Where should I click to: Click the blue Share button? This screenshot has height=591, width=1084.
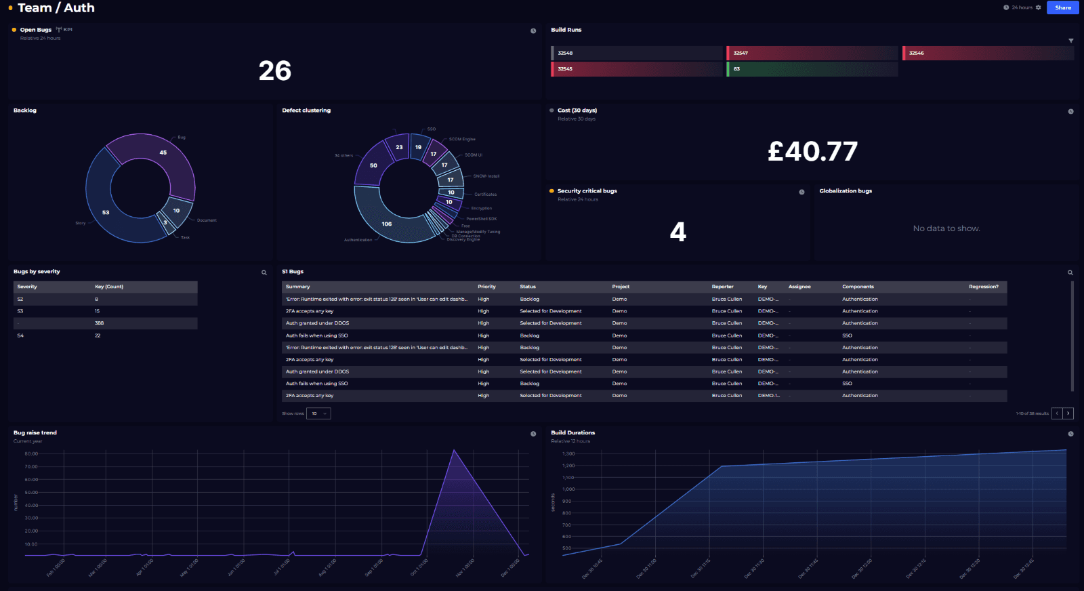pyautogui.click(x=1062, y=7)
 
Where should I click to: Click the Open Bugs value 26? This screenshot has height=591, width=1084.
pyautogui.click(x=275, y=71)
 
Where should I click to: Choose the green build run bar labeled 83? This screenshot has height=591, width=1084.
pyautogui.click(x=812, y=69)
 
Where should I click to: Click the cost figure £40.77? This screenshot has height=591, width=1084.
pyautogui.click(x=812, y=151)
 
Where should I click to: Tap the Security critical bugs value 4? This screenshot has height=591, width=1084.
pyautogui.click(x=677, y=232)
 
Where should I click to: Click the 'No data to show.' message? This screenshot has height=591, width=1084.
pyautogui.click(x=946, y=228)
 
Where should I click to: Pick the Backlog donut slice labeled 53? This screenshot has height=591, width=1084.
pyautogui.click(x=106, y=212)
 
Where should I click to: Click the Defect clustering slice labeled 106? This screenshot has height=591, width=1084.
pyautogui.click(x=387, y=224)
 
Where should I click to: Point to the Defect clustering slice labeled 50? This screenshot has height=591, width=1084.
pyautogui.click(x=373, y=165)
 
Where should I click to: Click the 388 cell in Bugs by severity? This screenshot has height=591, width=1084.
pyautogui.click(x=100, y=323)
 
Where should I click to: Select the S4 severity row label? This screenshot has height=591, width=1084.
pyautogui.click(x=20, y=335)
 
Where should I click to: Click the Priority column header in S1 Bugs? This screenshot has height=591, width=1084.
pyautogui.click(x=486, y=287)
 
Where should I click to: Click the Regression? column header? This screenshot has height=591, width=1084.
pyautogui.click(x=983, y=287)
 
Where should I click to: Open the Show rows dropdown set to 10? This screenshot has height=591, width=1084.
pyautogui.click(x=318, y=413)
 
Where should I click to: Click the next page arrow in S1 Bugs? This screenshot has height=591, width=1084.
pyautogui.click(x=1068, y=413)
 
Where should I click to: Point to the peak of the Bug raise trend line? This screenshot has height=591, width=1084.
pyautogui.click(x=454, y=451)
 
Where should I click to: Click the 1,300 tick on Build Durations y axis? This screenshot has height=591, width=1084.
pyautogui.click(x=568, y=453)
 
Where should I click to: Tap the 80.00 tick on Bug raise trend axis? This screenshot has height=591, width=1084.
pyautogui.click(x=31, y=453)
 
